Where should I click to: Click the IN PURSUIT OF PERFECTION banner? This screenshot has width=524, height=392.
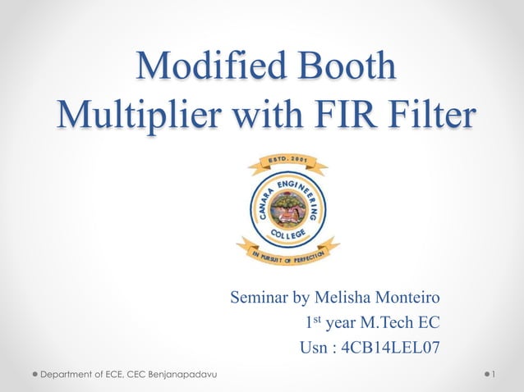click(287, 251)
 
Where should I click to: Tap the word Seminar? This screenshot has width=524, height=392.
click(262, 296)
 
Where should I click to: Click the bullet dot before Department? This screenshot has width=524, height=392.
click(35, 375)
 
